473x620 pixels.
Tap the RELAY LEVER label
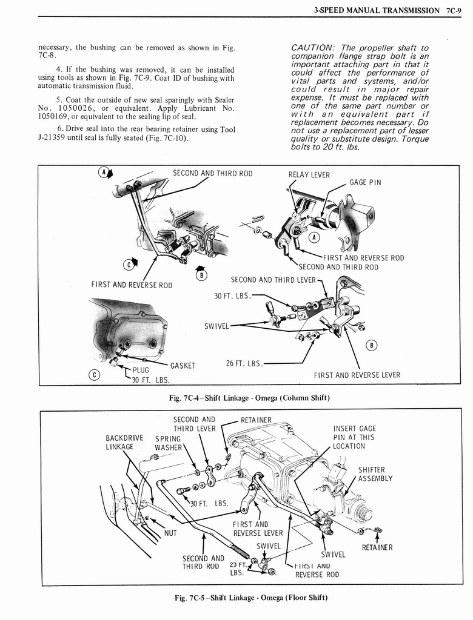point(309,175)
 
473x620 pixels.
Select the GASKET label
point(182,365)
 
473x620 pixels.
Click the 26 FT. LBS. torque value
point(244,363)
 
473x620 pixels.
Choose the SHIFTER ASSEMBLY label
point(375,473)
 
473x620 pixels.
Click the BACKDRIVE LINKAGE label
point(124,442)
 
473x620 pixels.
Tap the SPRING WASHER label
point(168,443)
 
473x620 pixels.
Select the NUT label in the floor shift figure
point(170,533)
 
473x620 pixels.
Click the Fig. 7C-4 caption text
point(249,398)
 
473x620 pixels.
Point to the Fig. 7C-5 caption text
point(250,598)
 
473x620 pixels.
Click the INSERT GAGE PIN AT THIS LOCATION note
point(354,437)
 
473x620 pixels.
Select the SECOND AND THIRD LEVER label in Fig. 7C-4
point(273,280)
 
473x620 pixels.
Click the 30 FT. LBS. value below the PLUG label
point(150,380)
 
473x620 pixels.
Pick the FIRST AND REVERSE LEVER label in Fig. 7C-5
point(258,529)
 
